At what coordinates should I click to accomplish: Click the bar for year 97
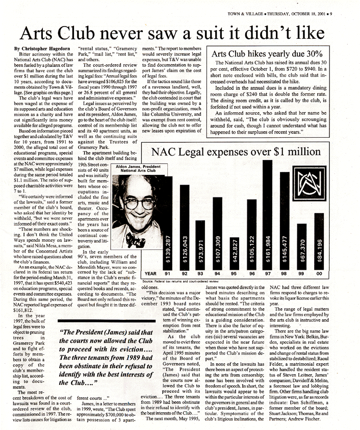click(267, 214)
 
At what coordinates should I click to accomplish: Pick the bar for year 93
click(200, 245)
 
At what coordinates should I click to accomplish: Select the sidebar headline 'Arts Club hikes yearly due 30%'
click(267, 54)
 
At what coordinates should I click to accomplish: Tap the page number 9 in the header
click(330, 14)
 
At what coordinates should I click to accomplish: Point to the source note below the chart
click(181, 281)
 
